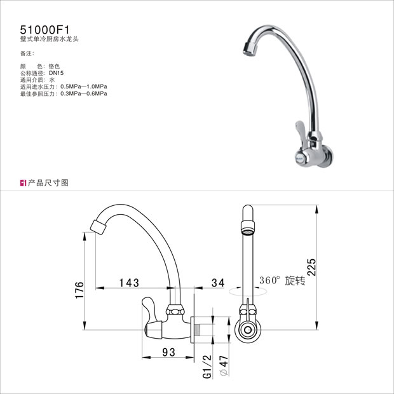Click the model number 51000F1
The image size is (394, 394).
[x=44, y=30]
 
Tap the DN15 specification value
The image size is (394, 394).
[x=57, y=73]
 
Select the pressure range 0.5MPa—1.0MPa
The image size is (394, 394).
[x=84, y=86]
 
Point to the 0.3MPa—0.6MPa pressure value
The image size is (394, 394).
[x=84, y=93]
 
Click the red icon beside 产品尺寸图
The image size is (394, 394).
[x=23, y=183]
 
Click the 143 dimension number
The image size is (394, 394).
[x=129, y=283]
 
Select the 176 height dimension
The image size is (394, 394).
[x=79, y=290]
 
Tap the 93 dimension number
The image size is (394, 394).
[x=168, y=352]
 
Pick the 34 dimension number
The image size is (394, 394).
[x=218, y=283]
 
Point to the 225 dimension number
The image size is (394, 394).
[x=311, y=267]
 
